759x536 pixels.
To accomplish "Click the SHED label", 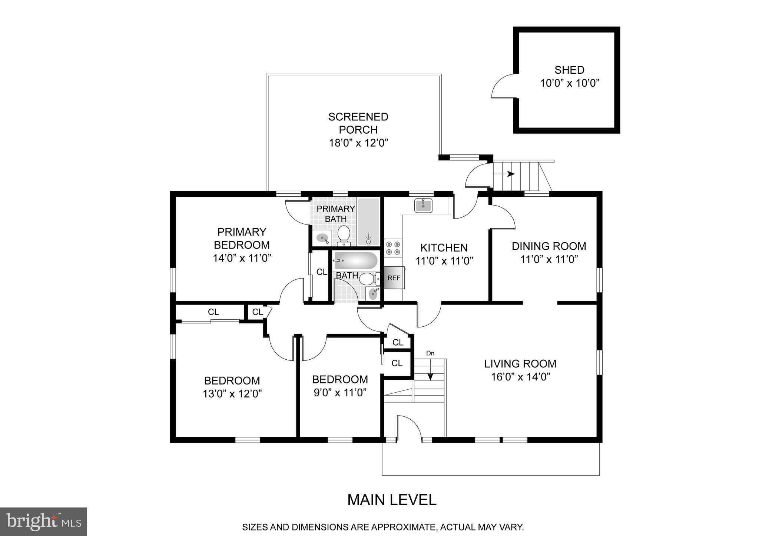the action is [x=569, y=70].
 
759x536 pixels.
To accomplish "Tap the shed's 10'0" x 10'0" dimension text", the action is [x=570, y=83].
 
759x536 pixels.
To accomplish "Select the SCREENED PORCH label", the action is [x=358, y=123].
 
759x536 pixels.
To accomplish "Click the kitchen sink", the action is [x=423, y=205].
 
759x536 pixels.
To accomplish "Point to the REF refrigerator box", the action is [x=394, y=277].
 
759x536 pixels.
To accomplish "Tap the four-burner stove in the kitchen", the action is [x=393, y=248].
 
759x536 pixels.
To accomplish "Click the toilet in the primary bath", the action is [x=344, y=235].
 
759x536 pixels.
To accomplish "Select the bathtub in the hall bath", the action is [x=355, y=261].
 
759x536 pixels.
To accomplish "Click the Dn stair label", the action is [x=430, y=353].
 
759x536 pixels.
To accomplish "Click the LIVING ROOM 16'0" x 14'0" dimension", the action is [x=520, y=377].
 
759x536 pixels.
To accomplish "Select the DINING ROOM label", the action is [x=549, y=246].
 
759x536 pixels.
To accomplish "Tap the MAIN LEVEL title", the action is [x=392, y=500].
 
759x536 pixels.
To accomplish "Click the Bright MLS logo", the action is [x=43, y=522].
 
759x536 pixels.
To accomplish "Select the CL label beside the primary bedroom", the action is [x=322, y=272].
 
